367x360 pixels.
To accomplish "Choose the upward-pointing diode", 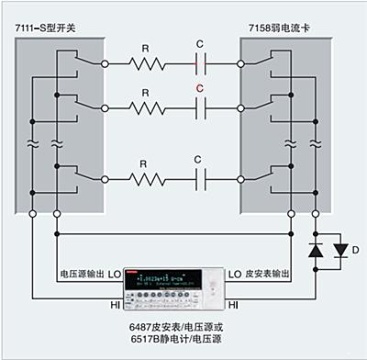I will pyautogui.click(x=317, y=250).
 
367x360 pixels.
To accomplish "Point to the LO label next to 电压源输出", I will pyautogui.click(x=115, y=274).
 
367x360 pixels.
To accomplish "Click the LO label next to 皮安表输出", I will pyautogui.click(x=233, y=274).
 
